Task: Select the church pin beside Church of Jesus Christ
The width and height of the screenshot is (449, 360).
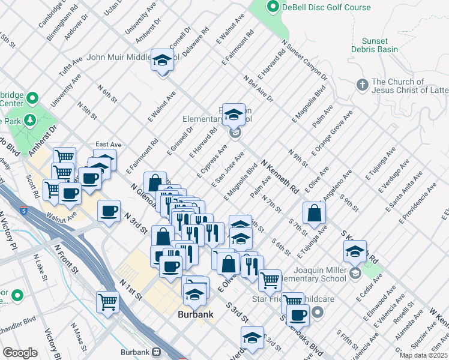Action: click(362, 85)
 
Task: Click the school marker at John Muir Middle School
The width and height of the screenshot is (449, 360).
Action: click(162, 61)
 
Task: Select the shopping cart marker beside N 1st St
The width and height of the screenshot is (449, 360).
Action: click(108, 301)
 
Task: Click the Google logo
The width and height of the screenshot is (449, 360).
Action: click(20, 352)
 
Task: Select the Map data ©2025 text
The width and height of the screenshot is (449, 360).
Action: click(423, 355)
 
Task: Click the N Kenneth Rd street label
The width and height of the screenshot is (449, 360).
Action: click(280, 176)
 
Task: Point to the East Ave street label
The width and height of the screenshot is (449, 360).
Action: click(108, 145)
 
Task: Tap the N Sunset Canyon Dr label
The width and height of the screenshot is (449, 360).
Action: click(304, 60)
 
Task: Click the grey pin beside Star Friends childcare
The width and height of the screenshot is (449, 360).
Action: click(318, 311)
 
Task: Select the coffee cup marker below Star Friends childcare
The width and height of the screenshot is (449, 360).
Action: click(297, 314)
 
